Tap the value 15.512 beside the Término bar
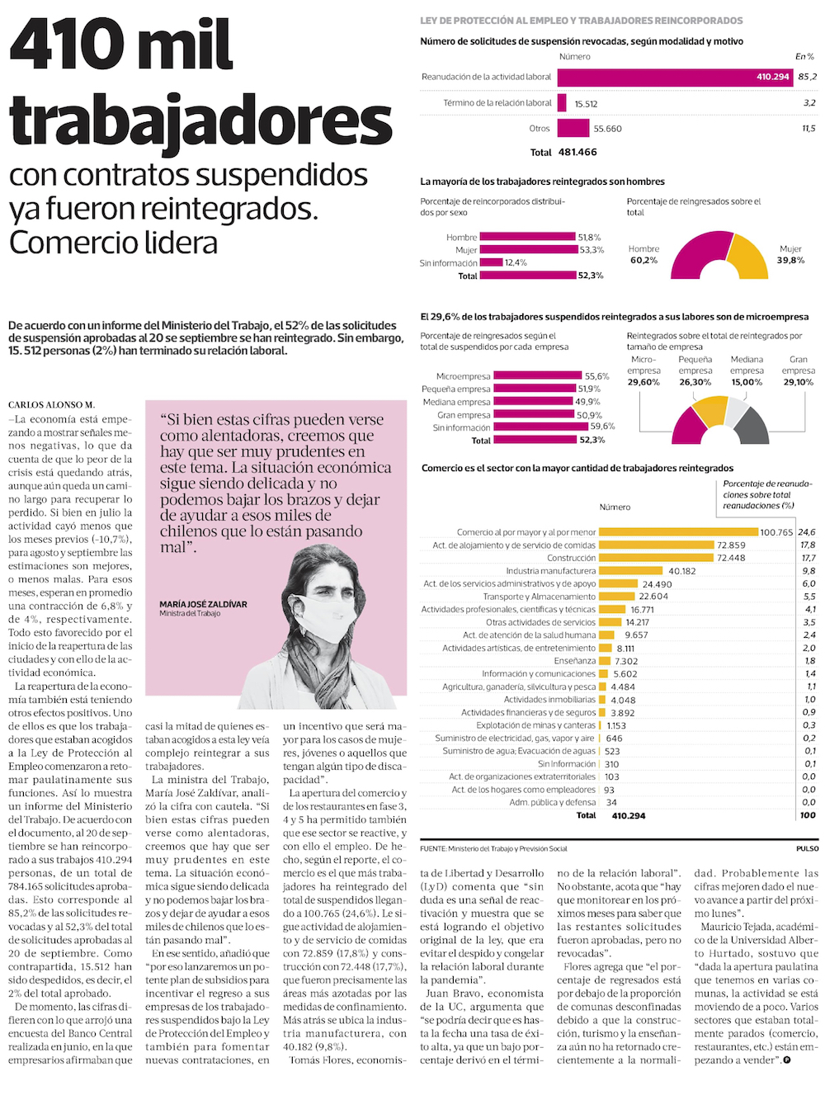(586, 104)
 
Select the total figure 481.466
(577, 153)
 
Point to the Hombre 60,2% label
(643, 255)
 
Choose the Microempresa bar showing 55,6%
(537, 376)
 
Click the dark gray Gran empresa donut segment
(752, 425)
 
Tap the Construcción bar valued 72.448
(656, 558)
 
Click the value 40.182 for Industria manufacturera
(682, 571)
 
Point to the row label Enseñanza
(575, 661)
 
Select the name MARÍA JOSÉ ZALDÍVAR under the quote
(203, 604)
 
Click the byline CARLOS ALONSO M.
(51, 404)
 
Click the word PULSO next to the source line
(807, 848)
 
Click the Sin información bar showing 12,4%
(491, 262)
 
